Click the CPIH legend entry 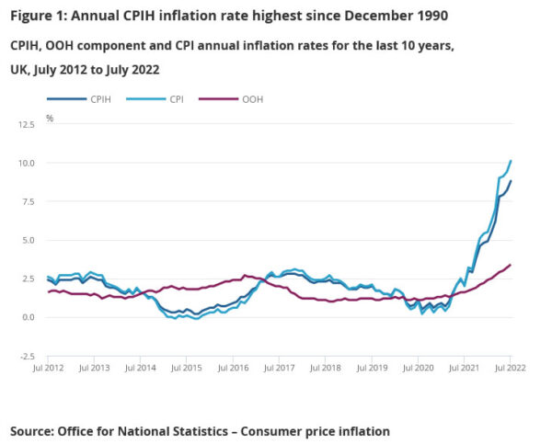coord(100,99)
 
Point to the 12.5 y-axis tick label coord(26,123)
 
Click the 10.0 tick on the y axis coord(26,163)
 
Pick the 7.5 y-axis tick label coord(28,201)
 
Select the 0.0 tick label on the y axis coord(28,317)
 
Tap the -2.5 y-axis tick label coord(26,356)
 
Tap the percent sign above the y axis coord(50,119)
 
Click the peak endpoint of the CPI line coord(511,161)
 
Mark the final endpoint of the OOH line coord(511,265)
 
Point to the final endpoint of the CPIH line coord(511,181)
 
